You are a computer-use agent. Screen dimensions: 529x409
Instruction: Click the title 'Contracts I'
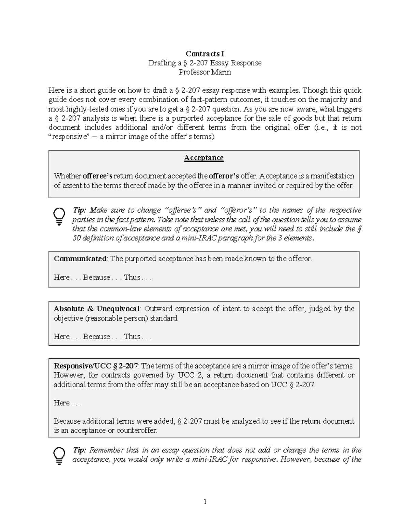[205, 53]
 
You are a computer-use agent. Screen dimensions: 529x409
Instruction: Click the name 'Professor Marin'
[205, 72]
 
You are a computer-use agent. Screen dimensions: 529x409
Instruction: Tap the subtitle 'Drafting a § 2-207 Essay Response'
[205, 63]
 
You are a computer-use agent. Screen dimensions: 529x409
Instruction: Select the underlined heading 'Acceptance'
[204, 158]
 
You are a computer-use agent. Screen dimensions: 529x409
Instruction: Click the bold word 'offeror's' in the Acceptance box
[224, 176]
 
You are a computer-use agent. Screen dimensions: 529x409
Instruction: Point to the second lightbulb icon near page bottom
[59, 456]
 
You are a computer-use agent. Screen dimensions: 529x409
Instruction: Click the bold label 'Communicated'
[80, 259]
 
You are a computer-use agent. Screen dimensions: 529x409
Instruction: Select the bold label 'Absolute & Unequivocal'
[96, 309]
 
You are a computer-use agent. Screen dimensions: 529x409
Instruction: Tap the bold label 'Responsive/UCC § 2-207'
[96, 366]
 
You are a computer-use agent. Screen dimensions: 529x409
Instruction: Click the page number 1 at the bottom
[205, 501]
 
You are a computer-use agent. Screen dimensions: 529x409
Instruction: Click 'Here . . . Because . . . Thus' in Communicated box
[102, 277]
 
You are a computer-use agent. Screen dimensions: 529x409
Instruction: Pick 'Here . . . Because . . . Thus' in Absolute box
[102, 337]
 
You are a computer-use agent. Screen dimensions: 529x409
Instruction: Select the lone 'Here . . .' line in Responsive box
[67, 403]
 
